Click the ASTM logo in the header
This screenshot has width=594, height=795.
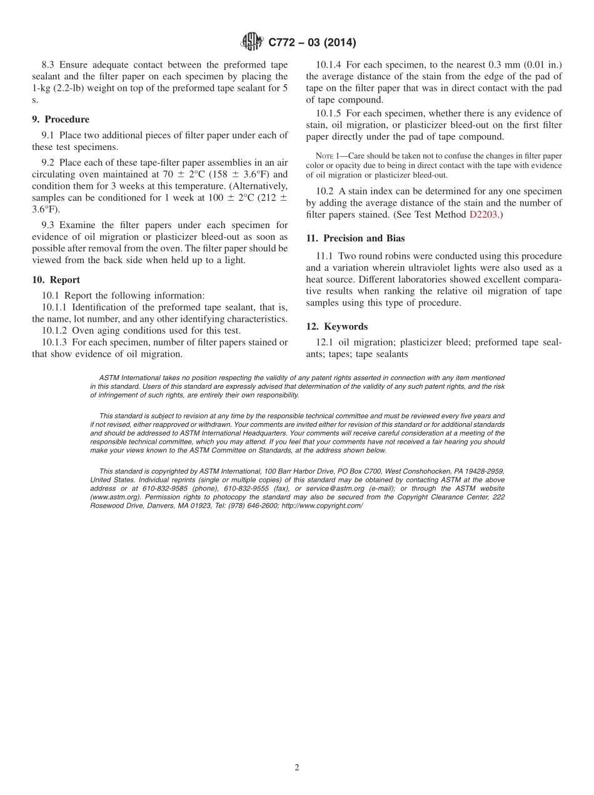pos(252,42)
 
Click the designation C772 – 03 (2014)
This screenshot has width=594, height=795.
pos(312,42)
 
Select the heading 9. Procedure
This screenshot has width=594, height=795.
pos(61,119)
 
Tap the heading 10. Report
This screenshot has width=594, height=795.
pos(56,280)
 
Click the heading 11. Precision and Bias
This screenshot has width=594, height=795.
pos(355,238)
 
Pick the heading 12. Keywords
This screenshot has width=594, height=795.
pos(336,326)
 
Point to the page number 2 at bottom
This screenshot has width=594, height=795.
pos(297,767)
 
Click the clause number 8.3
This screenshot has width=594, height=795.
pos(49,64)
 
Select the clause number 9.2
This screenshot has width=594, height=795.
pos(49,163)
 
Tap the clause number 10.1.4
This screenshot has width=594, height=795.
pos(329,64)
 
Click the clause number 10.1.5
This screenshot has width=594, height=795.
pos(329,113)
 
